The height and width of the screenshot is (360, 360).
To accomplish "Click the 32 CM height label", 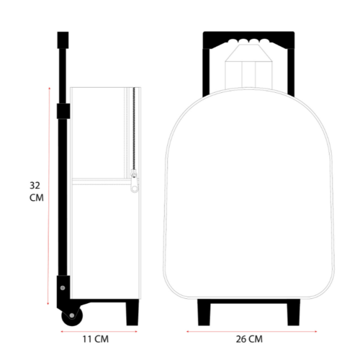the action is coord(37,192).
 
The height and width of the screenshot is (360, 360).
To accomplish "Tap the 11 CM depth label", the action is coord(96,339).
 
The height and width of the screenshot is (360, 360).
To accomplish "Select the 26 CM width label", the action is coord(249,339).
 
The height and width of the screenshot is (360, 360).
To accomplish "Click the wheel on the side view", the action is coord(72,316).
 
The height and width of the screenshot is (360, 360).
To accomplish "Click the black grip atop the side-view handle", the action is coord(63,40).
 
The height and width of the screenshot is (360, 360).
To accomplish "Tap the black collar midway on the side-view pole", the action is coord(63,111).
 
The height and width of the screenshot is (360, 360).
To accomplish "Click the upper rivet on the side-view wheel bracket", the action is coord(63,288).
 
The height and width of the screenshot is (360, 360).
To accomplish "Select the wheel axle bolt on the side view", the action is coord(72,315).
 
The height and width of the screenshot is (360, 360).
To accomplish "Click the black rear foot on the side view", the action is coord(132,312).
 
